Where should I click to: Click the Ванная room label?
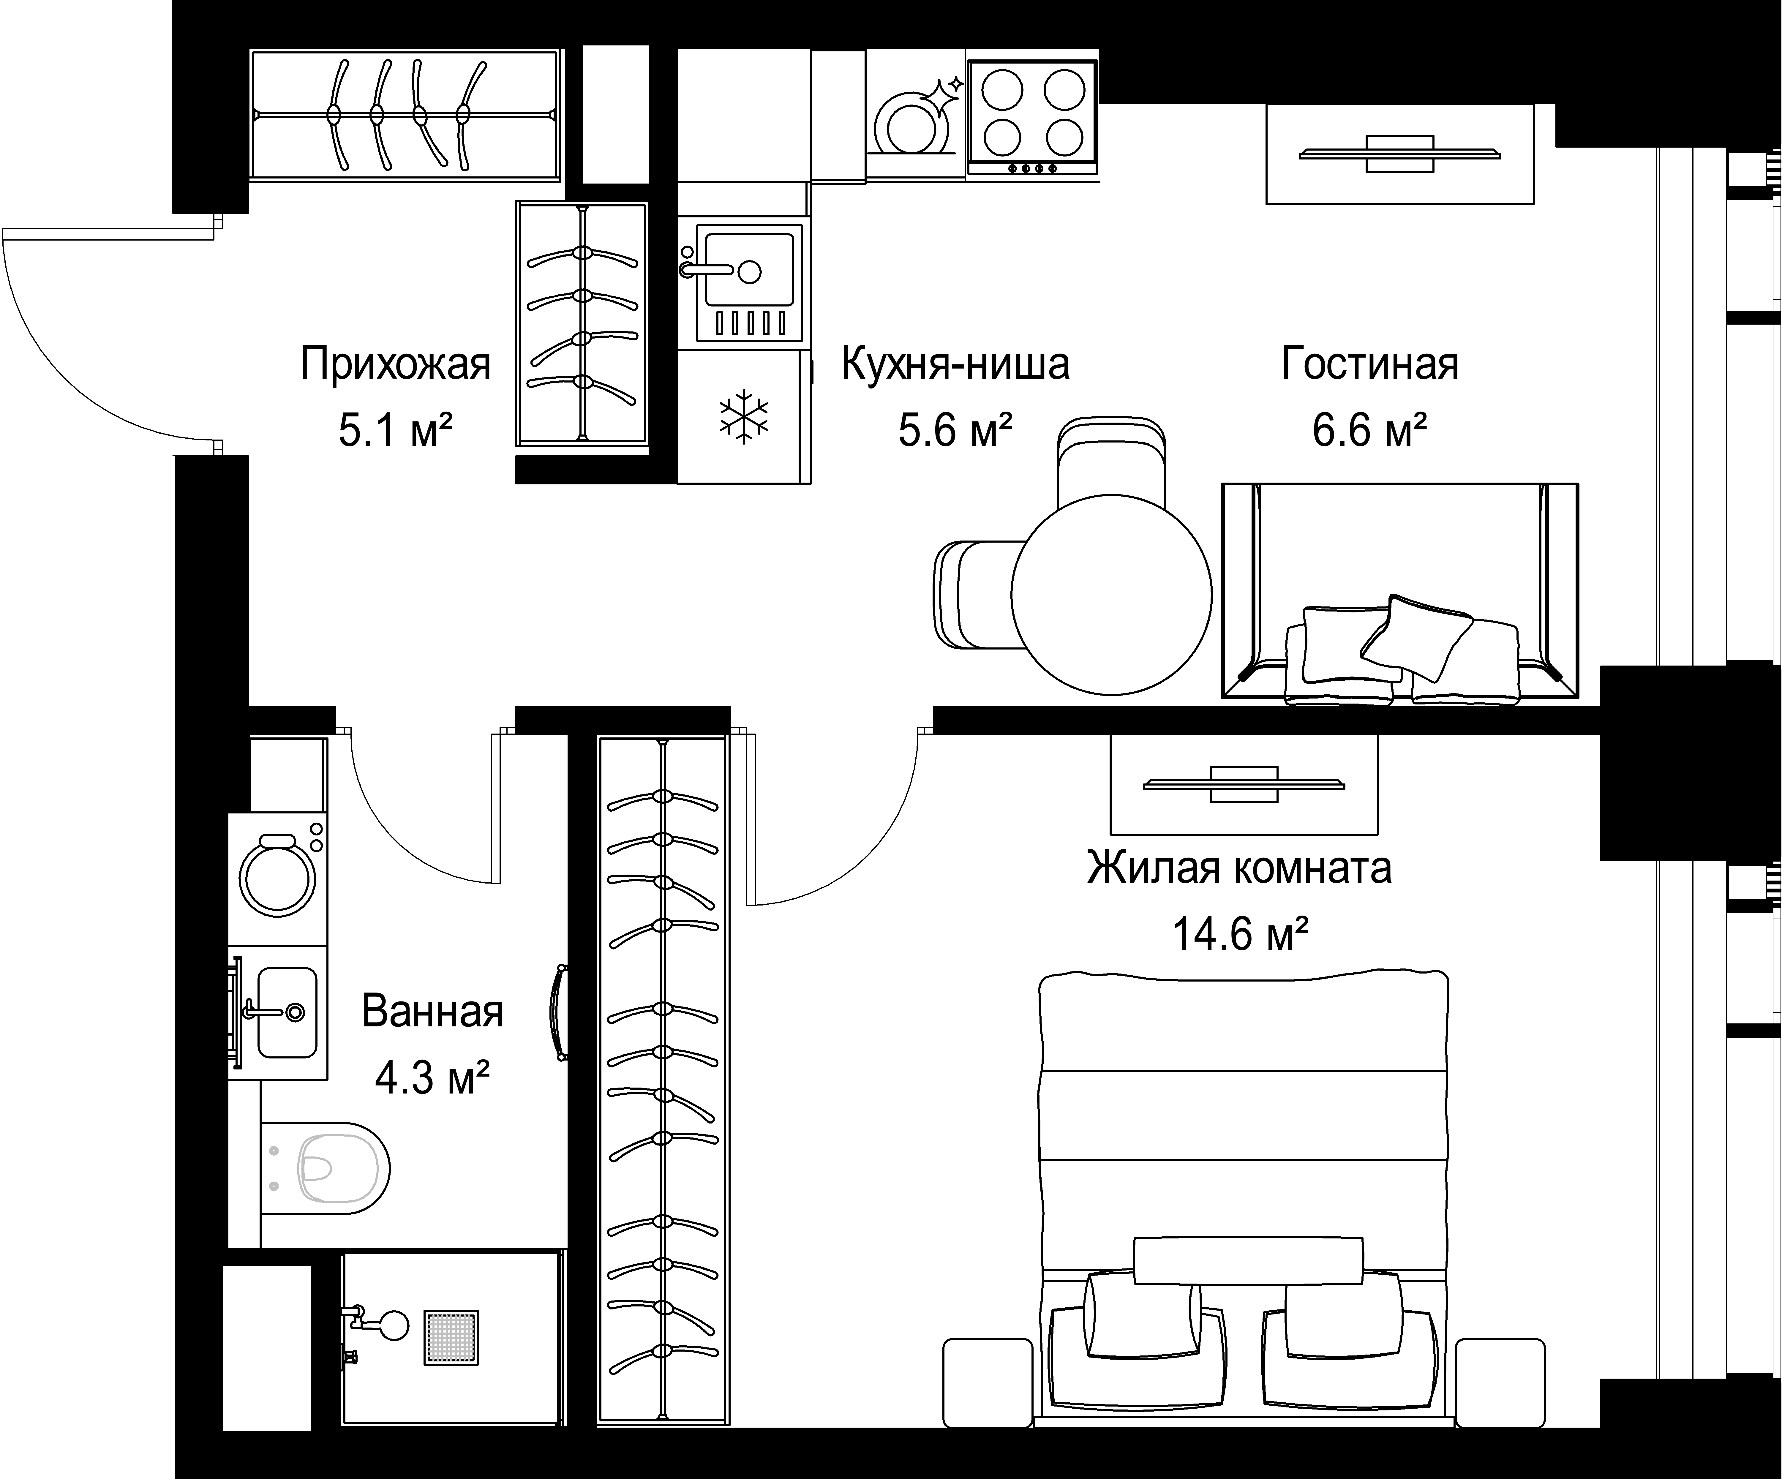point(433,1012)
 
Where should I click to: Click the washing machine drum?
point(277,878)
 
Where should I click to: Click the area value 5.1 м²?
point(395,431)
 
